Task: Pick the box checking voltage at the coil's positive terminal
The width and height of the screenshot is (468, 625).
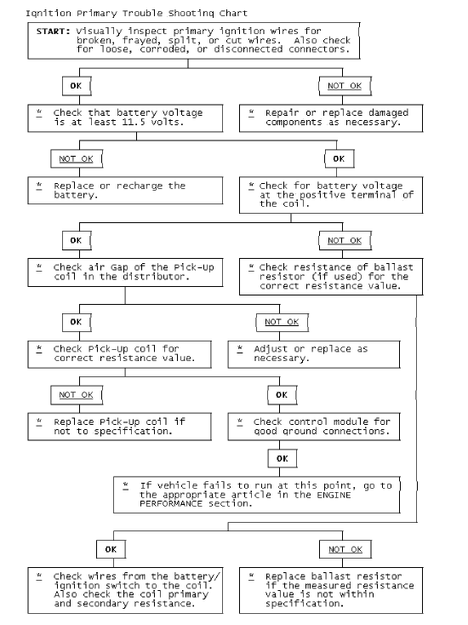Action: click(x=330, y=194)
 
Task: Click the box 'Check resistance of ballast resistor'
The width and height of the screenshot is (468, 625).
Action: click(x=330, y=277)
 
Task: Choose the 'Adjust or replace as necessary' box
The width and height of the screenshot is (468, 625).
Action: click(x=314, y=354)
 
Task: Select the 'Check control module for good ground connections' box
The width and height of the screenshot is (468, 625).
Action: click(x=314, y=427)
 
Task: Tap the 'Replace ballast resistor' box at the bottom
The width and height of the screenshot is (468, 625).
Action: click(x=330, y=589)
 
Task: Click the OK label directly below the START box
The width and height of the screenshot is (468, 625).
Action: click(x=76, y=86)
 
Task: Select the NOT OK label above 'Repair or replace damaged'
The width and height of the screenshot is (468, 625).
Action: click(x=344, y=86)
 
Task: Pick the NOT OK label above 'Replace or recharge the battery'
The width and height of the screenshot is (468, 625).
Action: click(x=76, y=159)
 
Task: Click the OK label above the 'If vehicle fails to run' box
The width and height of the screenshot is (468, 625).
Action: click(x=282, y=458)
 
